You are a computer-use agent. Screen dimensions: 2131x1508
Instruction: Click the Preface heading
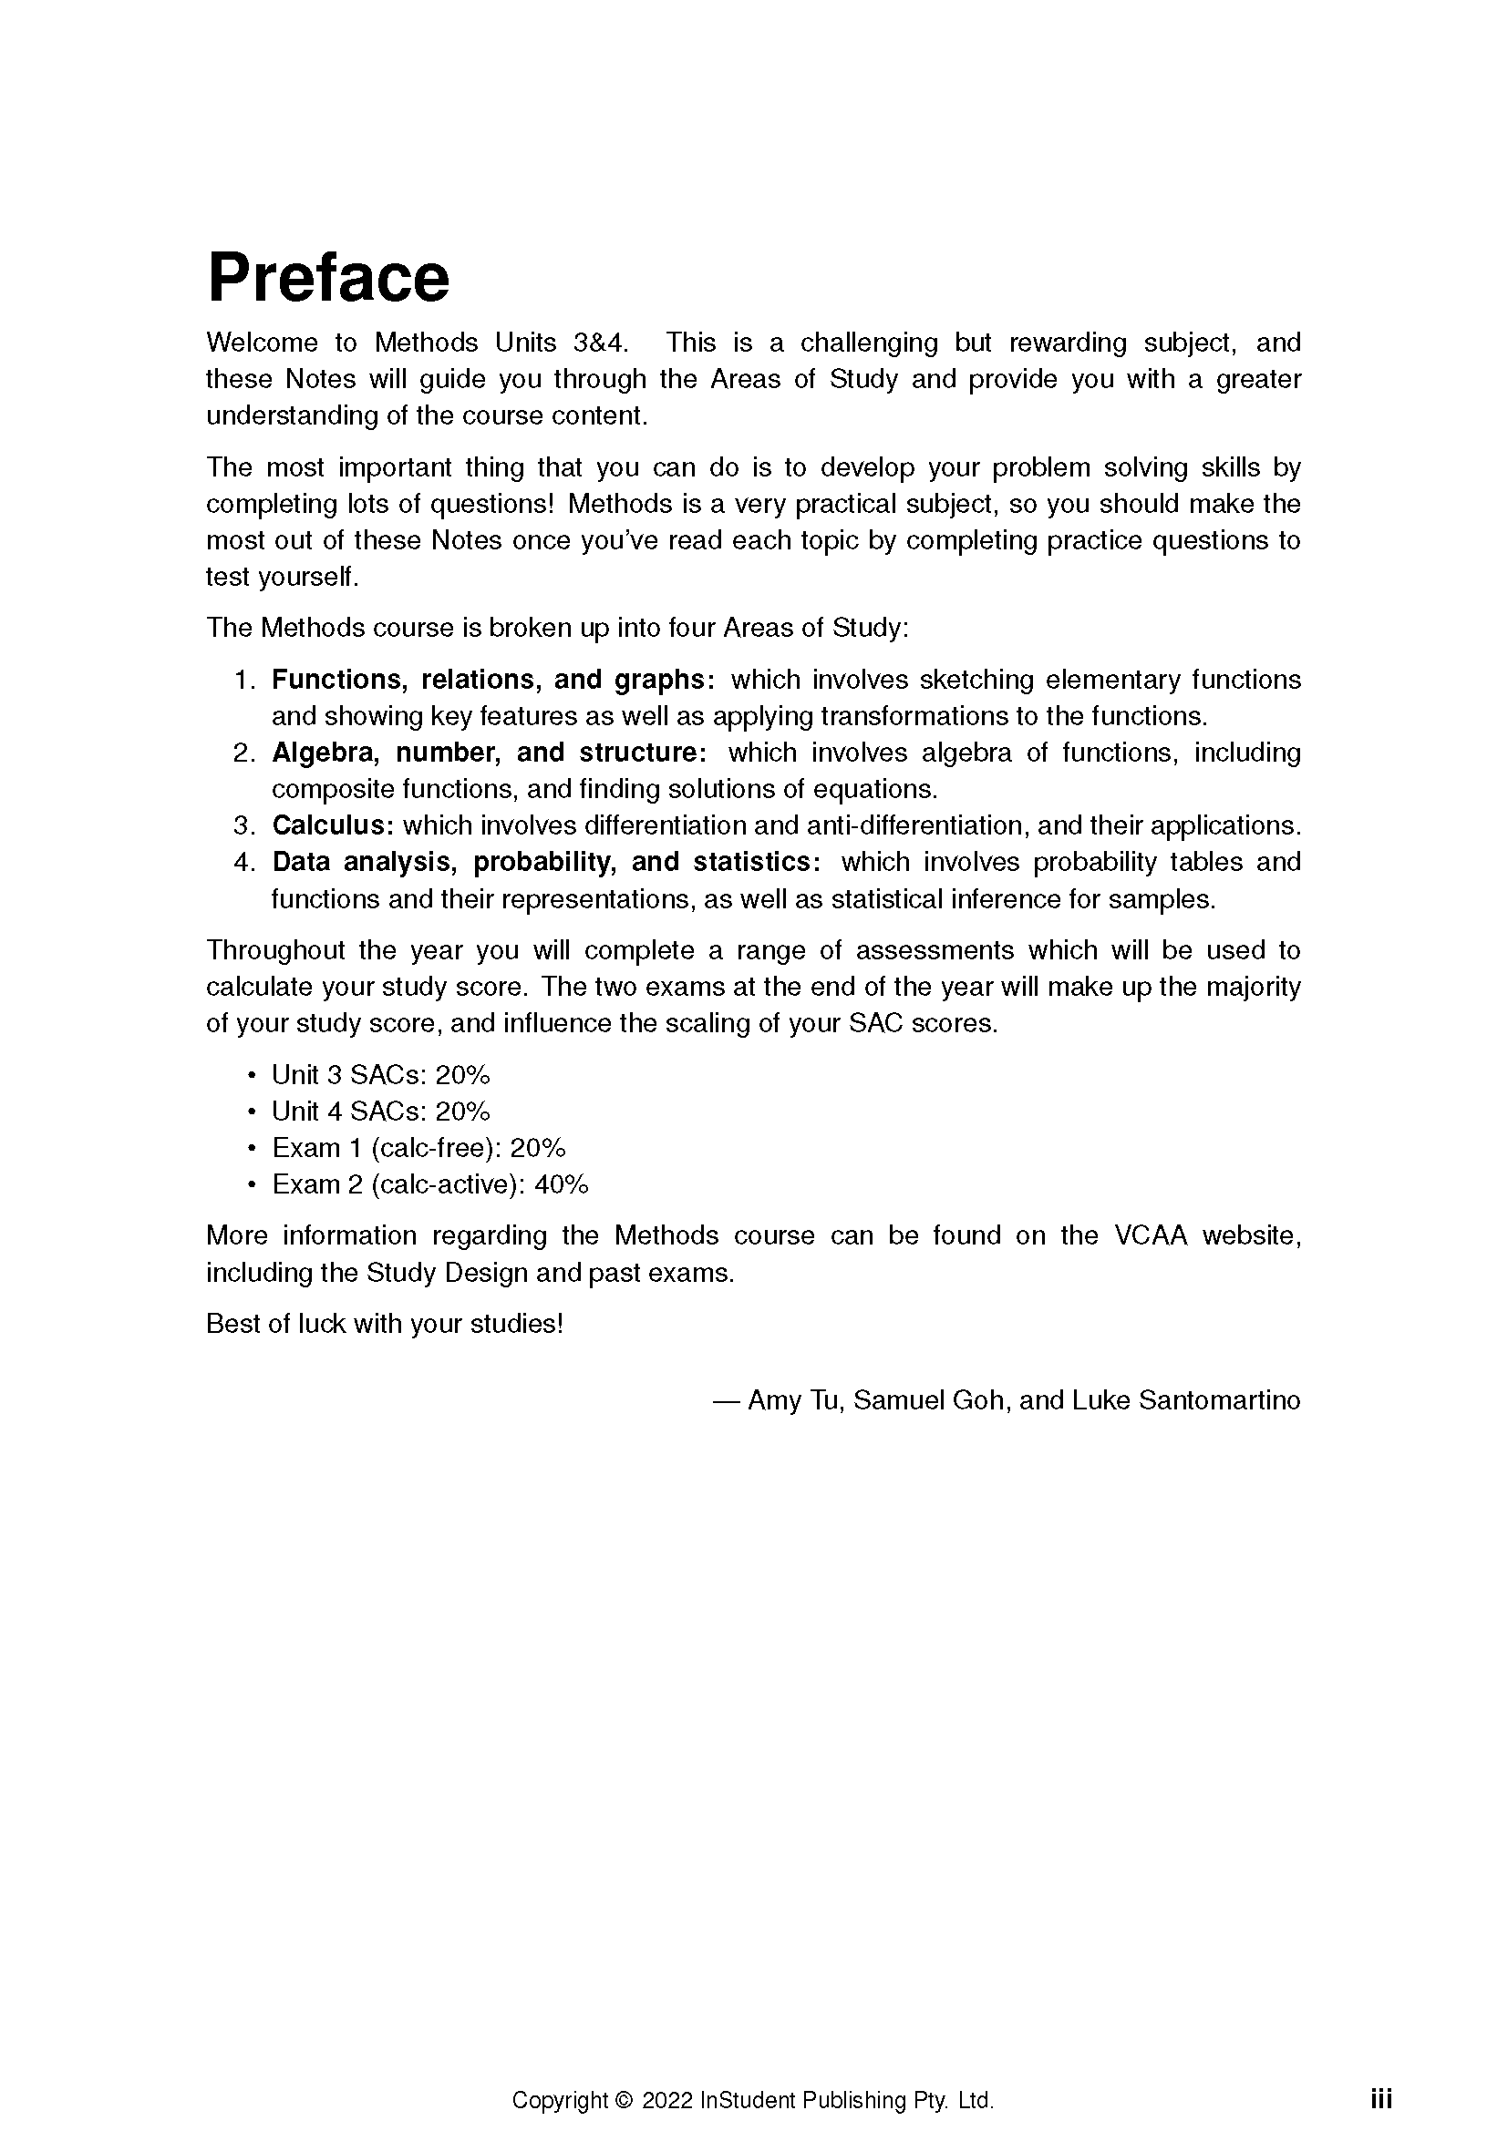(328, 278)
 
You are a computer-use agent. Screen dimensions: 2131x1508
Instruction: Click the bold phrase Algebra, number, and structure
(489, 753)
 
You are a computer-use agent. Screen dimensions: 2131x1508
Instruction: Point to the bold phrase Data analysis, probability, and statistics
(545, 862)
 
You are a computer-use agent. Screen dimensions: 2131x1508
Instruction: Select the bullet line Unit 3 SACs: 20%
(381, 1075)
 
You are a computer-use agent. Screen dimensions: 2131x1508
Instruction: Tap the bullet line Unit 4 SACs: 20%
(381, 1111)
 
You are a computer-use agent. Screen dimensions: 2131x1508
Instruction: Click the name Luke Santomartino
(1186, 1399)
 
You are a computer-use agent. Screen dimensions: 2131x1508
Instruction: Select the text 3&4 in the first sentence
(600, 343)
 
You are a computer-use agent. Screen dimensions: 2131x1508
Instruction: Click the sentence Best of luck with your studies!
(385, 1324)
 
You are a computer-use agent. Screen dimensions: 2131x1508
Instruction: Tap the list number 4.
(243, 862)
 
